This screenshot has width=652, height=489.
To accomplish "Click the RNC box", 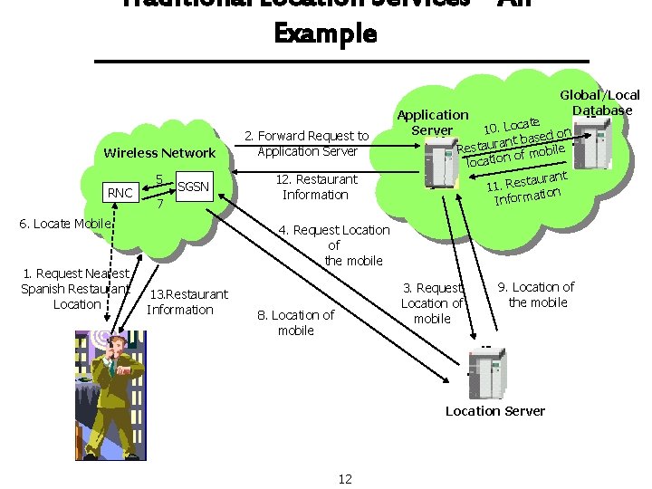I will click(x=120, y=192).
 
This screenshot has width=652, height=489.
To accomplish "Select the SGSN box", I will click(x=193, y=187).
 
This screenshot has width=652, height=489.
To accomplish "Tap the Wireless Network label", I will click(x=160, y=153).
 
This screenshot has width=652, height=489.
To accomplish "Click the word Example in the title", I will click(x=325, y=34).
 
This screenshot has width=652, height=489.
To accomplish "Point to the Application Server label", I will click(x=433, y=122).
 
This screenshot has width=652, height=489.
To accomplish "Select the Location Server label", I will click(x=494, y=411).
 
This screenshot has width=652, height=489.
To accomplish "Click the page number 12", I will click(x=345, y=478).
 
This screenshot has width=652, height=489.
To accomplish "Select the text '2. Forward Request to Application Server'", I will click(x=308, y=144).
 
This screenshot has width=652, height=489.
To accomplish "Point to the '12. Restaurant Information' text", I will click(x=315, y=187).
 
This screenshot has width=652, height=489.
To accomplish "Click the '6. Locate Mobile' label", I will click(x=65, y=224).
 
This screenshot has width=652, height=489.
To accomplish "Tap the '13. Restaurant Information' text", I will click(x=187, y=302).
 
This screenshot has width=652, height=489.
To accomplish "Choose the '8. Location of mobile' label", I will click(x=296, y=322).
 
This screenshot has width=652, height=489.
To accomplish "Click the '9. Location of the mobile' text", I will click(x=536, y=294).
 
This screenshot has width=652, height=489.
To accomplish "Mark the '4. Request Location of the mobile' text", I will click(x=334, y=244).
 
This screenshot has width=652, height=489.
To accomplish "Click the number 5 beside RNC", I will click(x=159, y=178).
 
